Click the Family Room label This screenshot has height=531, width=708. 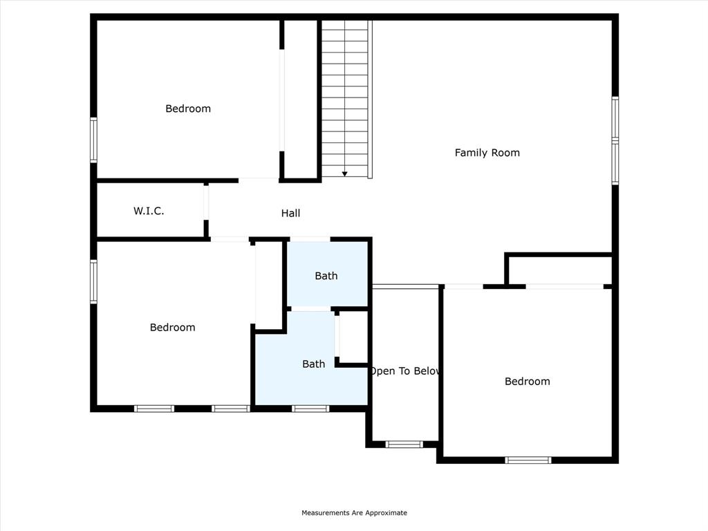(487, 153)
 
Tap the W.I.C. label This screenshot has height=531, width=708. (149, 211)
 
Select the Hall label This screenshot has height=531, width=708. (290, 214)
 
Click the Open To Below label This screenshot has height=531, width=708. (405, 371)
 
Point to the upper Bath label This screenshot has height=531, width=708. (326, 276)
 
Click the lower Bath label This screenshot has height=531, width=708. (313, 364)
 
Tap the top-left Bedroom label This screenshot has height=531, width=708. (188, 109)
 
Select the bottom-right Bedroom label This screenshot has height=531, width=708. (527, 381)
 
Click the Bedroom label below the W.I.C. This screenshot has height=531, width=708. (172, 327)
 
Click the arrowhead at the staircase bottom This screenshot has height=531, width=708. (345, 174)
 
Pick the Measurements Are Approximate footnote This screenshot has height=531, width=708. (354, 513)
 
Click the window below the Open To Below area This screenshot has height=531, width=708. (404, 445)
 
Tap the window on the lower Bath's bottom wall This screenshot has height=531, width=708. (310, 409)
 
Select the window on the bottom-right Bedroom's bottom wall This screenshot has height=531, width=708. (528, 460)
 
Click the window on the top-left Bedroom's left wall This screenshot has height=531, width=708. (93, 140)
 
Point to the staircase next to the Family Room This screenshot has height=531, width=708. (346, 97)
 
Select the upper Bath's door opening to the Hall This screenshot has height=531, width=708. (310, 239)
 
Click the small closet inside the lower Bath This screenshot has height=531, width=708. (353, 337)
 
